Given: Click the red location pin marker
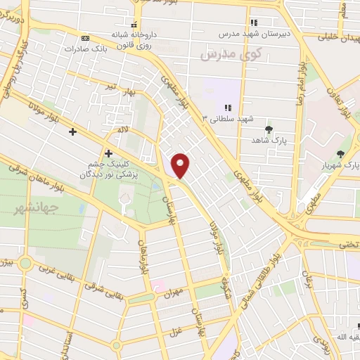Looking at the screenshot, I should [181, 165].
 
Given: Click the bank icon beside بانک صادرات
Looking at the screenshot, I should [85, 38].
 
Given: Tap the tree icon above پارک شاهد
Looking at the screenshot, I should [269, 129].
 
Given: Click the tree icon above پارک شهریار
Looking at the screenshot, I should [341, 154].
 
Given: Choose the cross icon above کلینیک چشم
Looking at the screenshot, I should [108, 153].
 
